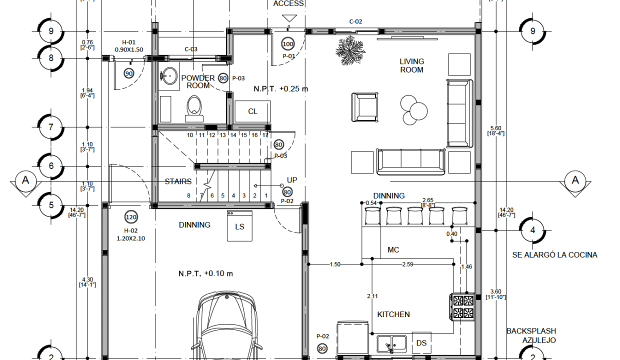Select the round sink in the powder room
click(169, 75)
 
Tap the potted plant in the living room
click(350, 50)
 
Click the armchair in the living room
click(364, 107)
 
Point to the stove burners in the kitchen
click(463, 306)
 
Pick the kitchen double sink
click(392, 344)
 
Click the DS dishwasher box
click(421, 343)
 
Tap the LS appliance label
click(239, 227)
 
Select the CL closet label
click(252, 111)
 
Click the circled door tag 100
click(288, 44)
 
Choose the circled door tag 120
click(131, 217)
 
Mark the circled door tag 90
click(128, 73)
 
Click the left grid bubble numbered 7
click(50, 127)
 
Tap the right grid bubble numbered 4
click(532, 230)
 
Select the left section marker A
click(25, 180)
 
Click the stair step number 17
click(265, 135)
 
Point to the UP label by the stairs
click(292, 180)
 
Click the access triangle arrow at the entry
click(289, 18)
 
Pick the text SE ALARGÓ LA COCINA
click(554, 255)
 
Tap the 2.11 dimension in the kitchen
click(372, 296)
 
